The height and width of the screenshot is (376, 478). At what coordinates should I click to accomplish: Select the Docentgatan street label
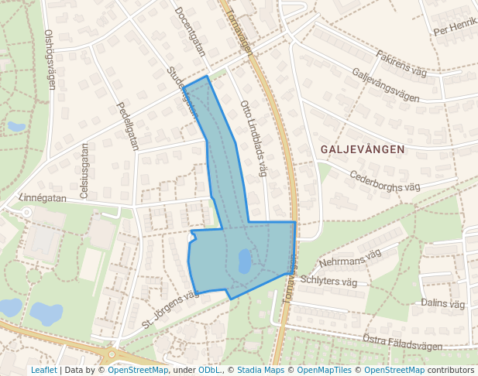click(190, 32)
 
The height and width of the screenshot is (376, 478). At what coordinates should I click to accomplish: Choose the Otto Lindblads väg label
click(253, 137)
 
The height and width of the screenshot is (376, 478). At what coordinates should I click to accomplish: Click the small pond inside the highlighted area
click(244, 261)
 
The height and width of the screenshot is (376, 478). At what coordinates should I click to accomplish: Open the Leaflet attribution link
click(43, 370)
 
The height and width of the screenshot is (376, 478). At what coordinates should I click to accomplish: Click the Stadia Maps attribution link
click(260, 370)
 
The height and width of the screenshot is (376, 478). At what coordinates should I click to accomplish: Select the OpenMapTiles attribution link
click(325, 370)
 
